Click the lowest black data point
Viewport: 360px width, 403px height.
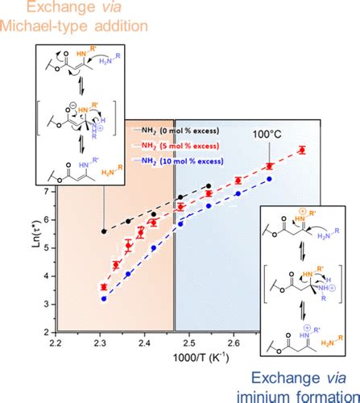click(104, 231)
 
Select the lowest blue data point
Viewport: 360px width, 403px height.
click(104, 298)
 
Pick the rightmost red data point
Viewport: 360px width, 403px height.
click(302, 149)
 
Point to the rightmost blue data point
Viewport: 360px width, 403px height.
click(270, 178)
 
